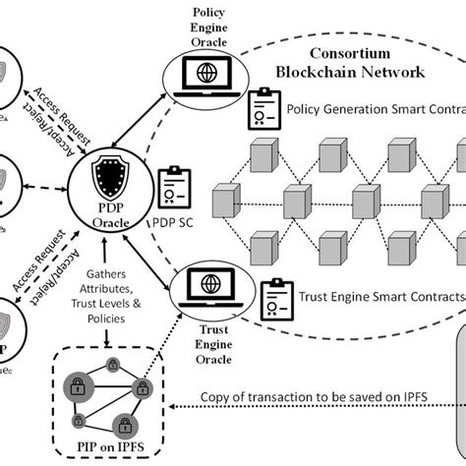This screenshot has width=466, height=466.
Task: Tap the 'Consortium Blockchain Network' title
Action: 367,63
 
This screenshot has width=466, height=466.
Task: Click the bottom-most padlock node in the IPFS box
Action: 122,426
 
